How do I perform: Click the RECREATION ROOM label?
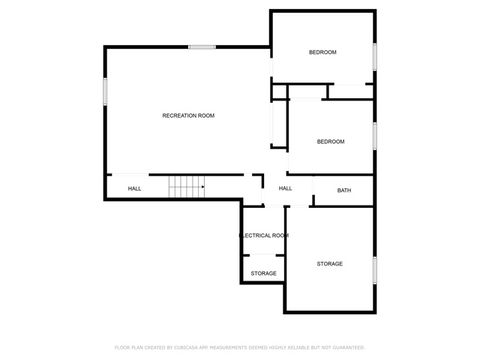point(188,115)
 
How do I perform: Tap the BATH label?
point(344,190)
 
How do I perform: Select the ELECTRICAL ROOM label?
point(264,235)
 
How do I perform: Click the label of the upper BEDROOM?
point(322,52)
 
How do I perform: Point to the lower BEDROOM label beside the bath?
point(331,142)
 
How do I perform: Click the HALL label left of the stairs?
point(134,188)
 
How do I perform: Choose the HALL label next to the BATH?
point(285,188)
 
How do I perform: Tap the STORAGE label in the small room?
point(263,273)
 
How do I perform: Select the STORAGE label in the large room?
point(330,264)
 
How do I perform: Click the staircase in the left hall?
point(187,187)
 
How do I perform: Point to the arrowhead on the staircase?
point(203,187)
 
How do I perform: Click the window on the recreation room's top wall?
point(202,47)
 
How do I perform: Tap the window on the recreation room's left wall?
point(105,91)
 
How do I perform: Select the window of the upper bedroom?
point(375,57)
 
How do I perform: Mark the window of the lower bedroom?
point(375,136)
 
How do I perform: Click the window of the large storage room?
point(375,271)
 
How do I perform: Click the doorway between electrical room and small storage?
point(262,255)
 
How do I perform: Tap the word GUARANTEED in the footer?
point(349,348)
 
